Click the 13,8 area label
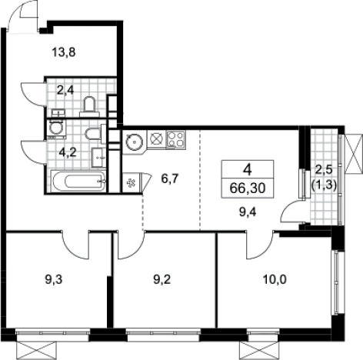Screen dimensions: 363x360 coord(64,53)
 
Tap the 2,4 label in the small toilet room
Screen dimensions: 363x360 coord(65,90)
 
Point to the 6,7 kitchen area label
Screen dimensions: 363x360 coord(169,178)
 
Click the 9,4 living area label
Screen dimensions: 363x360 coord(248,212)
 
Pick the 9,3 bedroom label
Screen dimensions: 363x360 coord(54,279)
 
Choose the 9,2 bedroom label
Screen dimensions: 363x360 coord(162,279)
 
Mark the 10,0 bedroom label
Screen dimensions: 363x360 coord(275,279)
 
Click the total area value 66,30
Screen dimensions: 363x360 coord(248,188)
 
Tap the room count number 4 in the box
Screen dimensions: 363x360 coord(248,169)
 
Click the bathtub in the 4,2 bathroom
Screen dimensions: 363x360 coord(79,182)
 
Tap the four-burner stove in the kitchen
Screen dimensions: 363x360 coord(176,140)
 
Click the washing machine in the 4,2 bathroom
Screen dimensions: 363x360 coord(56,129)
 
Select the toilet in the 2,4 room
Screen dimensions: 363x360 coord(89,107)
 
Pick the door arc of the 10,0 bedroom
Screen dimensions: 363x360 coord(259,246)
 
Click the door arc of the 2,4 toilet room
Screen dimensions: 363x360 coord(34,94)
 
